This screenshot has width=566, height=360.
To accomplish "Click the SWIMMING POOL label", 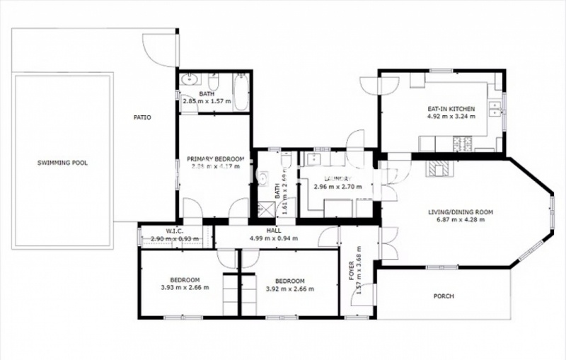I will [62, 163].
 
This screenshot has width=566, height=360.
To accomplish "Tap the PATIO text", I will [141, 117].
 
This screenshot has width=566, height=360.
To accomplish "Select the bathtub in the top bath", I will [241, 93].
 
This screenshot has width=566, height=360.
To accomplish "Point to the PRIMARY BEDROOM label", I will [216, 159].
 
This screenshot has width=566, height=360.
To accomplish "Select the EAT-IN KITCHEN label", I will [450, 109].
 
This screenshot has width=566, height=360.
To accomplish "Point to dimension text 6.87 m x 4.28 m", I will [460, 221].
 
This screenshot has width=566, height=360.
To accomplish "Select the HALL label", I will [274, 230].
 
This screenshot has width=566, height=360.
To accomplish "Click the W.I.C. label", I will [174, 230].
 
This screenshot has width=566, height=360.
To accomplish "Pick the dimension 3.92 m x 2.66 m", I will [289, 288].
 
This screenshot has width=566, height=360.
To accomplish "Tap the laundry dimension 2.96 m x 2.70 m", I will [337, 187].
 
